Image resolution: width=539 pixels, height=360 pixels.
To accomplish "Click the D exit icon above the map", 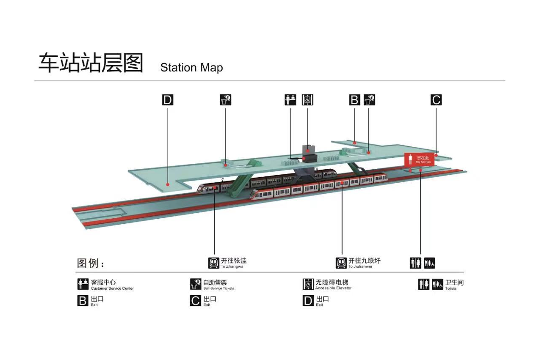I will pyautogui.click(x=168, y=100).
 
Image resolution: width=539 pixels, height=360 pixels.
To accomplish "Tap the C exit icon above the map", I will pyautogui.click(x=436, y=100).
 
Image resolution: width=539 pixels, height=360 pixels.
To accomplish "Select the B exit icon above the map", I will pyautogui.click(x=354, y=100).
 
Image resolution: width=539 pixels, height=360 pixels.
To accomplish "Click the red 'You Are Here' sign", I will pyautogui.click(x=419, y=159).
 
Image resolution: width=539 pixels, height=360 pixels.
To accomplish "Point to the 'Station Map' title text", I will pyautogui.click(x=191, y=68).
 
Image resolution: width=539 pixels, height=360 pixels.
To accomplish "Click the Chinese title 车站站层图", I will pyautogui.click(x=91, y=63).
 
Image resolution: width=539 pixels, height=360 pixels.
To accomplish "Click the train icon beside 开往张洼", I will pyautogui.click(x=214, y=263).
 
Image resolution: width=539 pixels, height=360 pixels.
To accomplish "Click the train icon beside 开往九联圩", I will pyautogui.click(x=341, y=263).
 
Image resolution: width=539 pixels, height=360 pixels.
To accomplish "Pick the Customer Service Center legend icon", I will pyautogui.click(x=83, y=284).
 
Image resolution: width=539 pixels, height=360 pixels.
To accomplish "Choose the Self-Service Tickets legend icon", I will pyautogui.click(x=195, y=284).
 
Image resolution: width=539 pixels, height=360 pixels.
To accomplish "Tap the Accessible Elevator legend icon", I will pyautogui.click(x=308, y=284).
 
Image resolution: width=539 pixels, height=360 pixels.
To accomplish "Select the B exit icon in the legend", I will pyautogui.click(x=83, y=301).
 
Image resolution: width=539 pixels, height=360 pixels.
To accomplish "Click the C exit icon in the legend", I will pyautogui.click(x=195, y=301).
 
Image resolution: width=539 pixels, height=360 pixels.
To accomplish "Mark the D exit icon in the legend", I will pyautogui.click(x=308, y=301).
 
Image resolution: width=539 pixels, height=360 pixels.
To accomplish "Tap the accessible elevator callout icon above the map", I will pyautogui.click(x=307, y=100).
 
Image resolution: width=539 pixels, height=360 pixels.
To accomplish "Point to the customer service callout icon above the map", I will pyautogui.click(x=290, y=100).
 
